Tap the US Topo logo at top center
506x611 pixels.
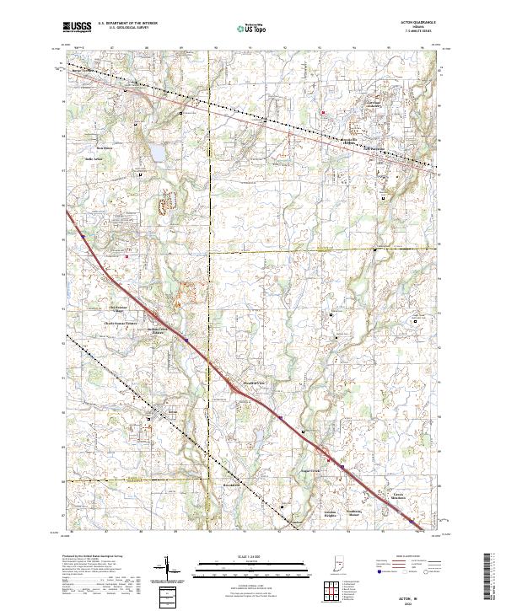(243, 28)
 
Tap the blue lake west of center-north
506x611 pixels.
(156, 154)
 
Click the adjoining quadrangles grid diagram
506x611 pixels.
(325, 589)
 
